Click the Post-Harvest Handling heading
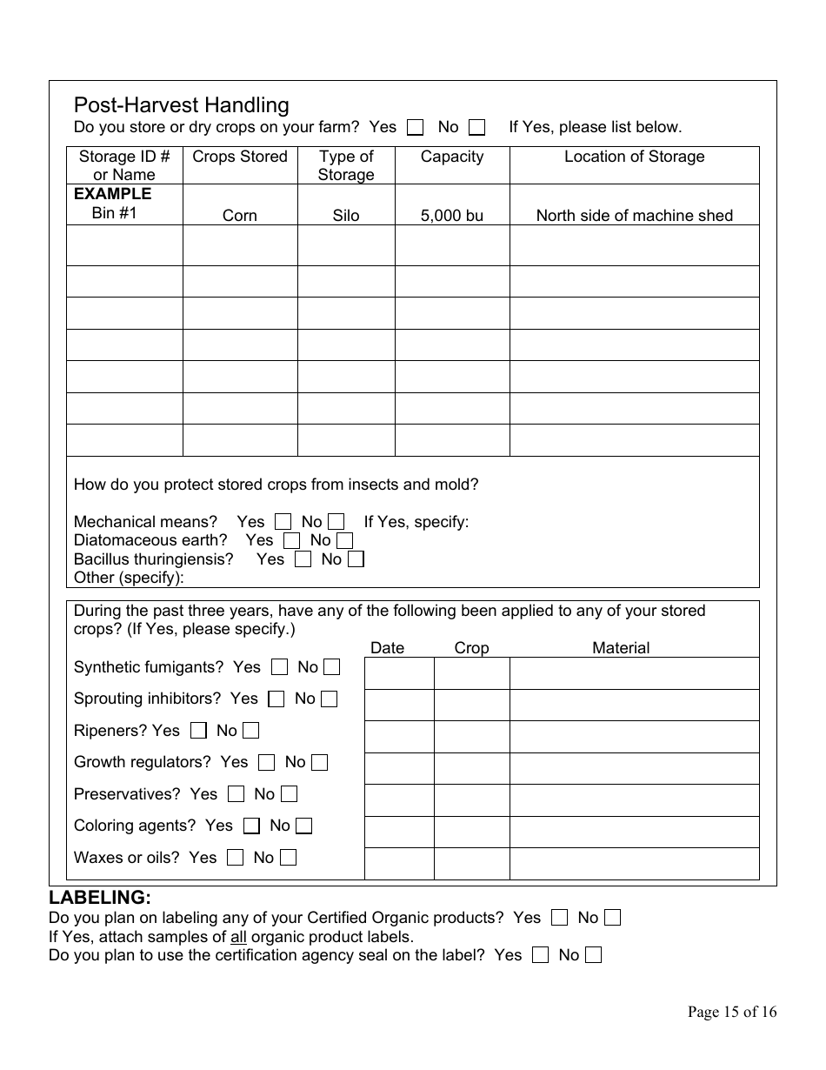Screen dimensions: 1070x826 [x=181, y=105]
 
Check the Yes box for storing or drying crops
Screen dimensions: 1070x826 [x=416, y=128]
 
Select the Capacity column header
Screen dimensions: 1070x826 [x=452, y=157]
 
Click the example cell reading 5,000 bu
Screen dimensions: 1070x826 [x=452, y=216]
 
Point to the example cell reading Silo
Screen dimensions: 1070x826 [x=346, y=216]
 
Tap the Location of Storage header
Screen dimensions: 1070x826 [x=634, y=157]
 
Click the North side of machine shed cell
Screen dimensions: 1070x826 [x=634, y=216]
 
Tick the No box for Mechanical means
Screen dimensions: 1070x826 [x=336, y=522]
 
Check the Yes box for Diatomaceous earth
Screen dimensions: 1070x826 [x=291, y=540]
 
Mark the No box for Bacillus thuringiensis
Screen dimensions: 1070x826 [x=355, y=559]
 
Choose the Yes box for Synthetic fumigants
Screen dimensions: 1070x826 [x=279, y=667]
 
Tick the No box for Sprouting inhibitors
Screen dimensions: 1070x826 [x=329, y=699]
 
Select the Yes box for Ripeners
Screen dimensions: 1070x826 [x=198, y=731]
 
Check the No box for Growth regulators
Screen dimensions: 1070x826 [x=319, y=763]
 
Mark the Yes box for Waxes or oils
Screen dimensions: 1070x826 [x=235, y=858]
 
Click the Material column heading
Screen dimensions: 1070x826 [x=621, y=648]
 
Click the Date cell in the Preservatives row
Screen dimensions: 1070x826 [x=399, y=800]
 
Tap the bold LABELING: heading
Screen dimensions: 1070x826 [x=100, y=897]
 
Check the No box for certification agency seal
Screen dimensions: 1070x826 [x=593, y=955]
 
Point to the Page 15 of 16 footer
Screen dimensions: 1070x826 [x=731, y=1012]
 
